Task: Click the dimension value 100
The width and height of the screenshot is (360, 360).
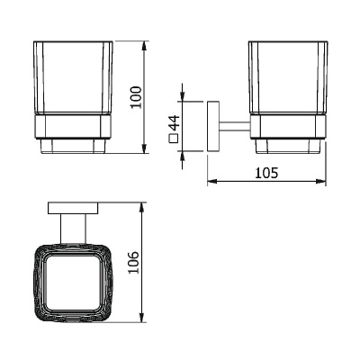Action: (x=136, y=97)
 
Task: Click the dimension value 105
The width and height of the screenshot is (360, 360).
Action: (x=266, y=173)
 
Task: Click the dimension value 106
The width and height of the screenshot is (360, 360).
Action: (x=134, y=262)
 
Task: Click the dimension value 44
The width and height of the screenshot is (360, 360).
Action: (x=175, y=123)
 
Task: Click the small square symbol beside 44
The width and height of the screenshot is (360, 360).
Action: (x=174, y=139)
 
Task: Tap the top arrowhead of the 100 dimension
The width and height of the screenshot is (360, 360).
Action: (x=145, y=47)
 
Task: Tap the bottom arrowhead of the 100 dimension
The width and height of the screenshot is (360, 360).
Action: (x=145, y=148)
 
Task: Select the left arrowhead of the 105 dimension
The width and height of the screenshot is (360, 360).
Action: (x=213, y=181)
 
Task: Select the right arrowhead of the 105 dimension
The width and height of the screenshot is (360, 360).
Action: (x=320, y=181)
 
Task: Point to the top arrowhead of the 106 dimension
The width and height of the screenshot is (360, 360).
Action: (x=142, y=208)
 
